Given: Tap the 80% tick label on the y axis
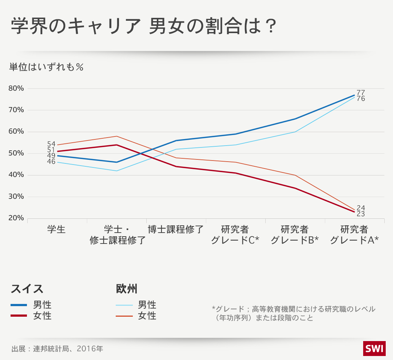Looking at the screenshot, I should tap(16, 88).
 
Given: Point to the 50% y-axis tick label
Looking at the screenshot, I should tap(16, 153).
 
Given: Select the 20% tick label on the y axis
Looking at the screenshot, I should tap(16, 218).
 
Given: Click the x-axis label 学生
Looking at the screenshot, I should tap(56, 230).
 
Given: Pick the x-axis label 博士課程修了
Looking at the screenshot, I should tap(176, 230).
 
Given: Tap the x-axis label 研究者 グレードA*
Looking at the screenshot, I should tap(354, 235).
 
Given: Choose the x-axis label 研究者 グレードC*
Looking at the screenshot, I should tap(235, 235).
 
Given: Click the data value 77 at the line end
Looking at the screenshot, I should tap(361, 92).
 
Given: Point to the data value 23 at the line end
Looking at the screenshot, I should tap(361, 214).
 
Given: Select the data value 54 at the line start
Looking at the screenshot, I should tap(51, 144).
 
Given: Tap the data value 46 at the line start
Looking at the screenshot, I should tap(51, 162).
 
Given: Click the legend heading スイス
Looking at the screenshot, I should tap(27, 289).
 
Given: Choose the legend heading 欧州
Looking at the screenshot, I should tap(127, 289).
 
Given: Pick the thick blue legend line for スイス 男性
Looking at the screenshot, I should tap(19, 305).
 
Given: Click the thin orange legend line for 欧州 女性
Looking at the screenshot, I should tap(124, 316).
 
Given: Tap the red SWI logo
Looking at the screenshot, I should tap(374, 349).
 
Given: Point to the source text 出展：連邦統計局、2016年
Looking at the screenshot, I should tap(57, 349).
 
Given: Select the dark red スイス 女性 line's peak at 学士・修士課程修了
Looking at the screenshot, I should tap(116, 145).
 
